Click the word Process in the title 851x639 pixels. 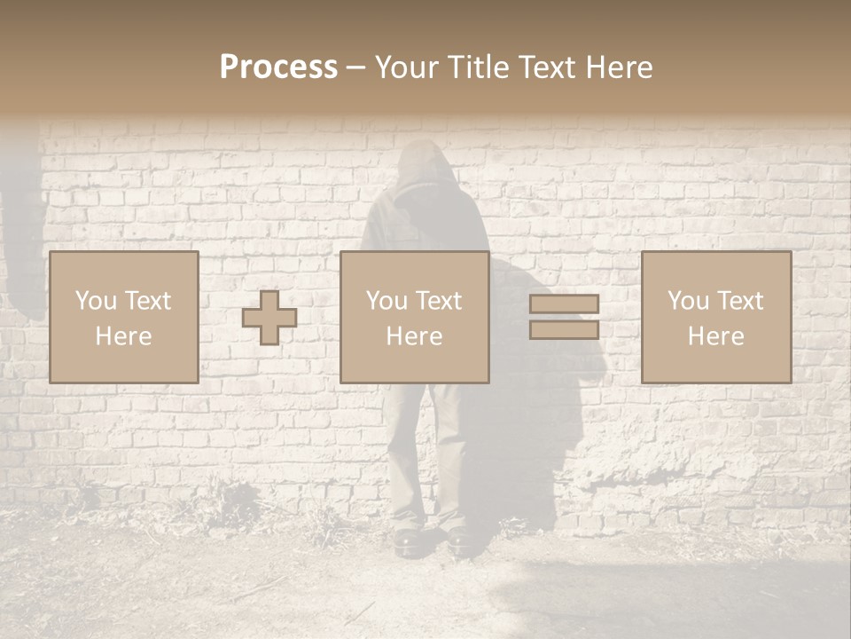pos(278,67)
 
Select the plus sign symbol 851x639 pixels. pos(269,317)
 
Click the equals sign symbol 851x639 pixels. pos(564,317)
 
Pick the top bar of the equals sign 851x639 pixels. pos(564,304)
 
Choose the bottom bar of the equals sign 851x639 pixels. pos(564,329)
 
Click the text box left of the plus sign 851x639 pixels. pos(124,317)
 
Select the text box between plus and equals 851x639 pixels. pos(415,317)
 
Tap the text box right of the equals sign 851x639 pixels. pos(716,317)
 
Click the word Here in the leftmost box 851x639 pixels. pos(124,335)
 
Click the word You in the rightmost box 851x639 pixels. pos(688,301)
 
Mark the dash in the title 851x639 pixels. pos(356,67)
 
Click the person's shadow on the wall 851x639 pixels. pos(541,399)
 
